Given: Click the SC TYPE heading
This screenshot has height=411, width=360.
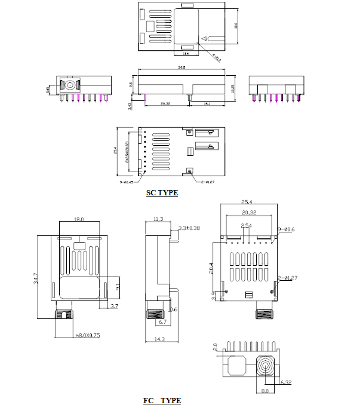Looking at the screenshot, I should pyautogui.click(x=162, y=193).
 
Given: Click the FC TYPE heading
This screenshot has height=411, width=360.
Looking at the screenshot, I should pyautogui.click(x=162, y=400).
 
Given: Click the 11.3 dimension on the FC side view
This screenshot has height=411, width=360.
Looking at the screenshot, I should pyautogui.click(x=158, y=219).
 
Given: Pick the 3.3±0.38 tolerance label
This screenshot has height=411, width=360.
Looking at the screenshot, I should pyautogui.click(x=189, y=228).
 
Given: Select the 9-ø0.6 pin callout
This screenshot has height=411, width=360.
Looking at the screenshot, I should pyautogui.click(x=288, y=229).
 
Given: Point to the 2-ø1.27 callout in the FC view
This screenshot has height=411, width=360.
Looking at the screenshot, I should pyautogui.click(x=288, y=278).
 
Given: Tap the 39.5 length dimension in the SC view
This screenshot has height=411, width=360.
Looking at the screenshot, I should pyautogui.click(x=181, y=69).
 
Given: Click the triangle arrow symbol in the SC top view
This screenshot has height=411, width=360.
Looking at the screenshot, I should pyautogui.click(x=204, y=39).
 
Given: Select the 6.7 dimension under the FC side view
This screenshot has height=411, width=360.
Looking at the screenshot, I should pyautogui.click(x=162, y=322).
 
